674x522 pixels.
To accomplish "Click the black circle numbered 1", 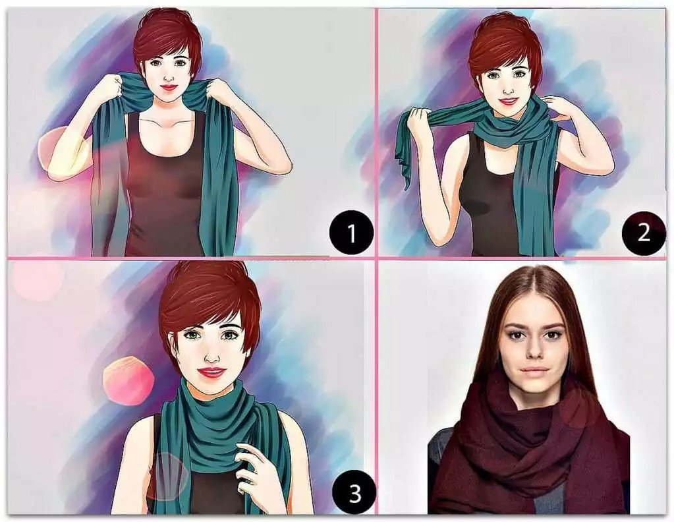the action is pos(351,233).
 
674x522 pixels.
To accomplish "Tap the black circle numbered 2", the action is pos(643,233).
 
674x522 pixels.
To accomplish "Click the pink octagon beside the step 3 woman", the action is pos(128,380).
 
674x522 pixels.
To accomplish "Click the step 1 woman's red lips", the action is pos(169,87).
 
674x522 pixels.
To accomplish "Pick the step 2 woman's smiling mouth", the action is pos(509,101).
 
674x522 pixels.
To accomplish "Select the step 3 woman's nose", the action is pos(212,355).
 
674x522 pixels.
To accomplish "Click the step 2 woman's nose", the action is pos(509,88).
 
